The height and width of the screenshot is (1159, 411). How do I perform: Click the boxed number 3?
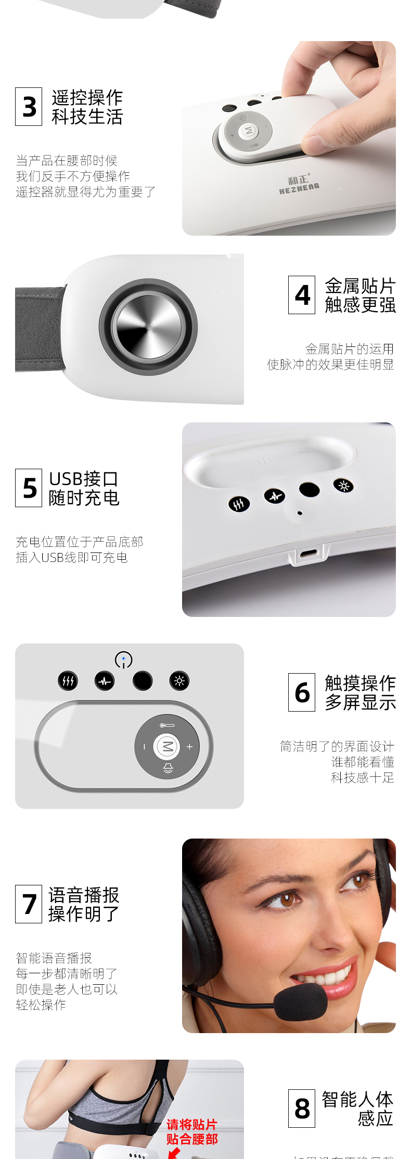tap(29, 107)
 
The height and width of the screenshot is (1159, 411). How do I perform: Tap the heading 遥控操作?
tap(87, 97)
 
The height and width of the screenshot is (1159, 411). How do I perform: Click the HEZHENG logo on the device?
tap(299, 185)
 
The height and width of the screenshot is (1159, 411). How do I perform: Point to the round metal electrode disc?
tap(148, 326)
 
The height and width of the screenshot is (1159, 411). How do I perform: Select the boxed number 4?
tap(302, 295)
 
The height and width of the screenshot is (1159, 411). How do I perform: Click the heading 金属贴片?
tap(360, 286)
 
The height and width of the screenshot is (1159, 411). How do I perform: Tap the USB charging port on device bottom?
tap(309, 553)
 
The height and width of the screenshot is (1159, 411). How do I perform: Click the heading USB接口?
tap(83, 479)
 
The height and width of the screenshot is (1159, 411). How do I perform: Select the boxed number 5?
tap(29, 488)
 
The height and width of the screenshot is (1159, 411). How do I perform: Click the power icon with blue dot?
tap(123, 660)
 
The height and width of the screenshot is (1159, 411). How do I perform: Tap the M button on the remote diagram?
tap(167, 746)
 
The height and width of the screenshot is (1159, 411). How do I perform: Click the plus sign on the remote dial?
tap(189, 746)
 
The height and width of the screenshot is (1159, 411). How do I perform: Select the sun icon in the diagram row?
tap(179, 681)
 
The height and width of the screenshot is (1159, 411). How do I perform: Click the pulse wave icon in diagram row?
tap(105, 681)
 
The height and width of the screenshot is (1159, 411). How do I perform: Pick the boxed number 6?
tap(302, 692)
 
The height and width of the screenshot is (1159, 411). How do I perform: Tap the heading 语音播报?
tap(84, 895)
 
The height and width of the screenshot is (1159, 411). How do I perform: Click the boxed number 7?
tap(29, 904)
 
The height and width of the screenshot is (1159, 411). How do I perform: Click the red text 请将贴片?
tap(191, 1124)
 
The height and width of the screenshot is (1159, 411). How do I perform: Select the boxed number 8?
tap(302, 1109)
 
